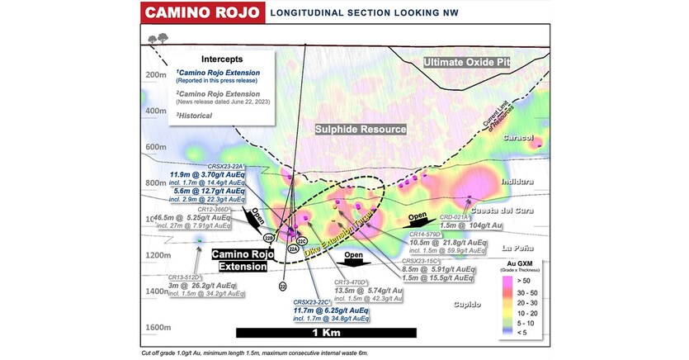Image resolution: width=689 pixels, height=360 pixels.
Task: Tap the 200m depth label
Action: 157,75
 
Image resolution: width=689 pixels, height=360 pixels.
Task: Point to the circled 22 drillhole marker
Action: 282,287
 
